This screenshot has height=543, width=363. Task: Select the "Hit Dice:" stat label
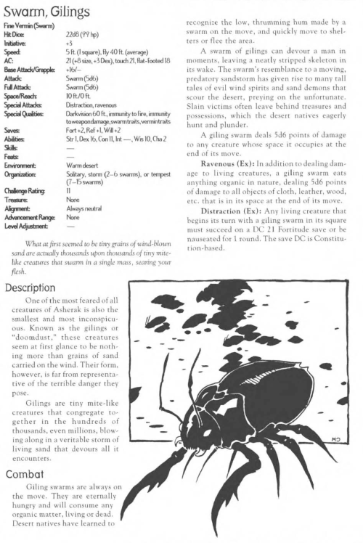click(x=15, y=34)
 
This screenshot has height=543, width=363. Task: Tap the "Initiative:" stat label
click(x=14, y=42)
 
